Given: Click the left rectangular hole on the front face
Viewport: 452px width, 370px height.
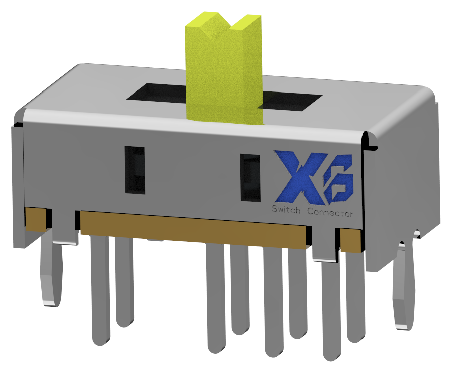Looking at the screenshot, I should coord(135,170).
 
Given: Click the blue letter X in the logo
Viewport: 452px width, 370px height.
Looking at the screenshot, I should coord(298,175).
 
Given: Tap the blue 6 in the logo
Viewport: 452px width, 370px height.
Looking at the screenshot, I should coord(338,180).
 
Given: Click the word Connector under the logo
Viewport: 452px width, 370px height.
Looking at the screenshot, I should coord(330,213).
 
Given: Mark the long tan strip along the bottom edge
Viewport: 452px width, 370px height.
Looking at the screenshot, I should coord(194,229).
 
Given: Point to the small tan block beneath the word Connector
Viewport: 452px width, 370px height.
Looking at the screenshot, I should coord(351,240).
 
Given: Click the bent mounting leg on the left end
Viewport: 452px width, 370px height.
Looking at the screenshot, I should coord(50,274).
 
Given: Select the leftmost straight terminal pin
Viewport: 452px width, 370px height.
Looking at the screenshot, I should coord(99,292).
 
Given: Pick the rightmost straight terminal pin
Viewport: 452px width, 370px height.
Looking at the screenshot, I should coord(356,297).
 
